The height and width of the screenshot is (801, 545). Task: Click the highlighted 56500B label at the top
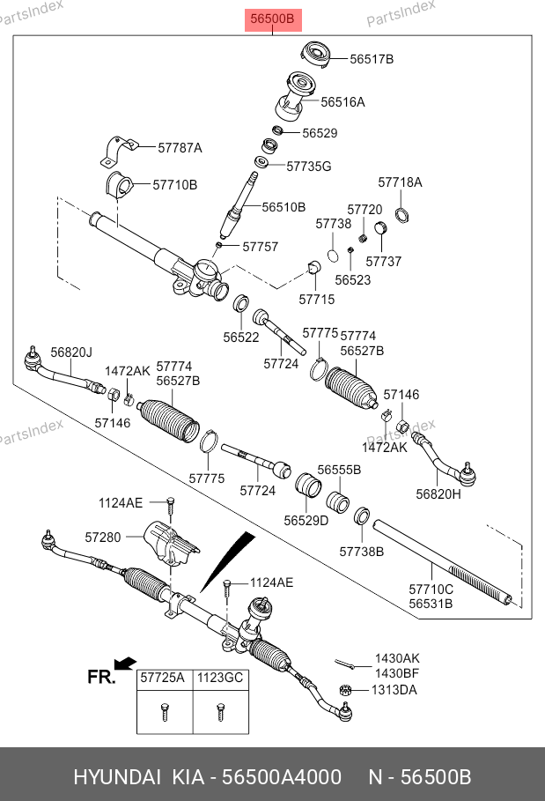[273, 19]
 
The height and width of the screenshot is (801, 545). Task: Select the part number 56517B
[372, 59]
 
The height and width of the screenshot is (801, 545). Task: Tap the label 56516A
[342, 102]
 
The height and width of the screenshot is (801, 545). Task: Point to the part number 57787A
[180, 148]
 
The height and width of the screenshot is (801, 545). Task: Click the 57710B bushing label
[175, 185]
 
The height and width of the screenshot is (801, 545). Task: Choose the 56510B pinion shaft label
[284, 207]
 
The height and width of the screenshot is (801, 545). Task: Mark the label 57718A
[400, 182]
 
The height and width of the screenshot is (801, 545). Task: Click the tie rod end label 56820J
[70, 352]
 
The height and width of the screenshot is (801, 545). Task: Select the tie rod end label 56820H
[438, 494]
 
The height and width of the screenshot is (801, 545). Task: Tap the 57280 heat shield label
[103, 536]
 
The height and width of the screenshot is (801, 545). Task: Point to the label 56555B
[339, 471]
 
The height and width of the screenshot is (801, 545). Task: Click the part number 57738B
[362, 552]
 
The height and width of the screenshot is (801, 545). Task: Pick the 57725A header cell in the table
[163, 679]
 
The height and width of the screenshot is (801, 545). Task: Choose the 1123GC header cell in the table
[218, 679]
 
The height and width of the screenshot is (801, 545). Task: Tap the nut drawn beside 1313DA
[346, 690]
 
